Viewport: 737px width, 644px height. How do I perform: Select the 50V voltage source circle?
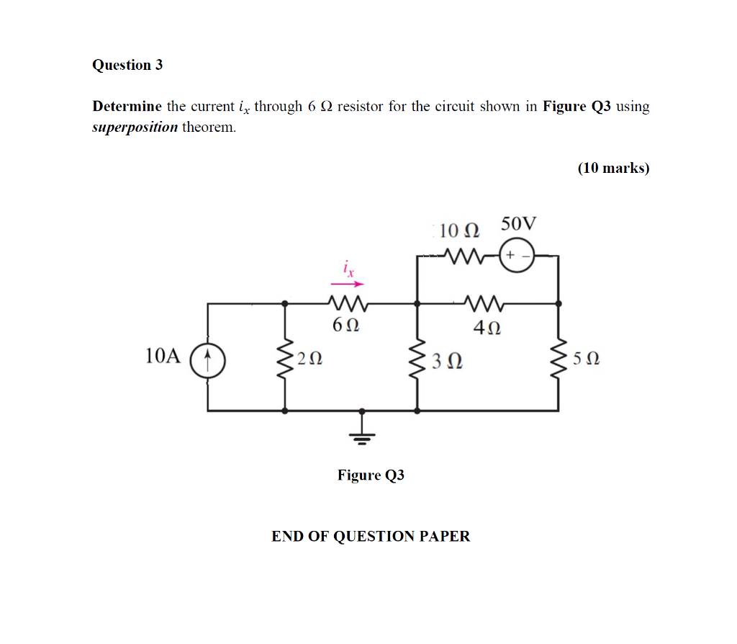[x=516, y=256]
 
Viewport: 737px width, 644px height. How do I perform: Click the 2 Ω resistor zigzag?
[x=286, y=357]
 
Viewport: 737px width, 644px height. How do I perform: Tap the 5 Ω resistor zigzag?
[x=559, y=357]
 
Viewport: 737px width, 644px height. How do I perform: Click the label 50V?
[x=518, y=223]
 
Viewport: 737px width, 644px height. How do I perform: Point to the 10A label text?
[x=162, y=356]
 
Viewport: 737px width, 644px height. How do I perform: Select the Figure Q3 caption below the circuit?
[x=371, y=475]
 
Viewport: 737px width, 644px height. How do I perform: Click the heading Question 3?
[x=127, y=65]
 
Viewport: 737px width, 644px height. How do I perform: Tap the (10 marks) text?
[x=613, y=169]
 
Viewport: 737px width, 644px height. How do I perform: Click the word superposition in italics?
[x=135, y=128]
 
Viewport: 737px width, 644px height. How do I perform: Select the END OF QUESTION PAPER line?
[x=370, y=537]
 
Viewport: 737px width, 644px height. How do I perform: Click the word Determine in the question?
[x=127, y=107]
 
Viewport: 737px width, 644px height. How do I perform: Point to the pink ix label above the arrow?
[x=348, y=269]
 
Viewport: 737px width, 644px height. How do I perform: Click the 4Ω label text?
[x=487, y=328]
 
